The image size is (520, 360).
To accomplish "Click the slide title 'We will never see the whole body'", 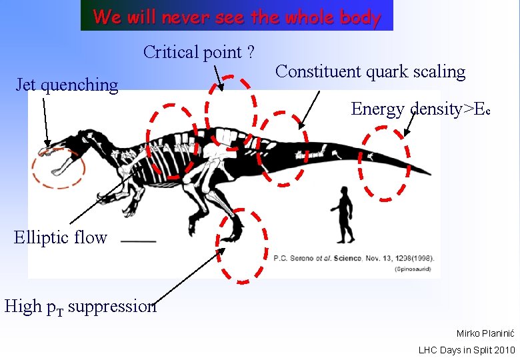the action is (x=237, y=16).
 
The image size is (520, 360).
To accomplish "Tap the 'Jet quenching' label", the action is (x=67, y=85).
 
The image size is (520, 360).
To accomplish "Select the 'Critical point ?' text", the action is (x=201, y=52).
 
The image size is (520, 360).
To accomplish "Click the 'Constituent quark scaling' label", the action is (x=370, y=71).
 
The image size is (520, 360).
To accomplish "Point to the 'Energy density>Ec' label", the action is (x=421, y=109).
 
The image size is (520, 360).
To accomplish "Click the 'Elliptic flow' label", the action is (x=60, y=237).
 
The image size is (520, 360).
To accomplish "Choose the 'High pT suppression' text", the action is (x=80, y=306).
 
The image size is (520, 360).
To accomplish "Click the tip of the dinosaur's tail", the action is (x=427, y=172).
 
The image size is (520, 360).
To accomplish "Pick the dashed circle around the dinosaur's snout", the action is (x=58, y=168).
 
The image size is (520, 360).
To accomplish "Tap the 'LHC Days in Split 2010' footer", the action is (x=466, y=349).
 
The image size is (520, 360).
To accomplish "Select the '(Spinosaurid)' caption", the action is (x=413, y=269).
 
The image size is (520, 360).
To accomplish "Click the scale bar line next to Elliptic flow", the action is (x=139, y=241).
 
